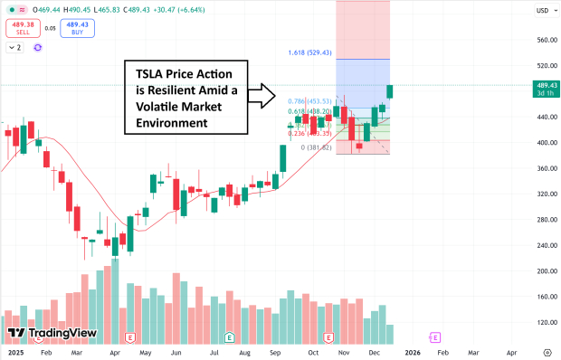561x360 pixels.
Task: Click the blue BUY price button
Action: point(78,29)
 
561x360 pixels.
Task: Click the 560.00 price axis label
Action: point(543,40)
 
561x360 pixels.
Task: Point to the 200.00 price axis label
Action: point(543,270)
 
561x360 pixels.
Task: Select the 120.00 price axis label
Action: point(543,322)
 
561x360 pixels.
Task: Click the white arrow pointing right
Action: point(262,92)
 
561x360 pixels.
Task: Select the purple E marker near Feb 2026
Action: point(435,336)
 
